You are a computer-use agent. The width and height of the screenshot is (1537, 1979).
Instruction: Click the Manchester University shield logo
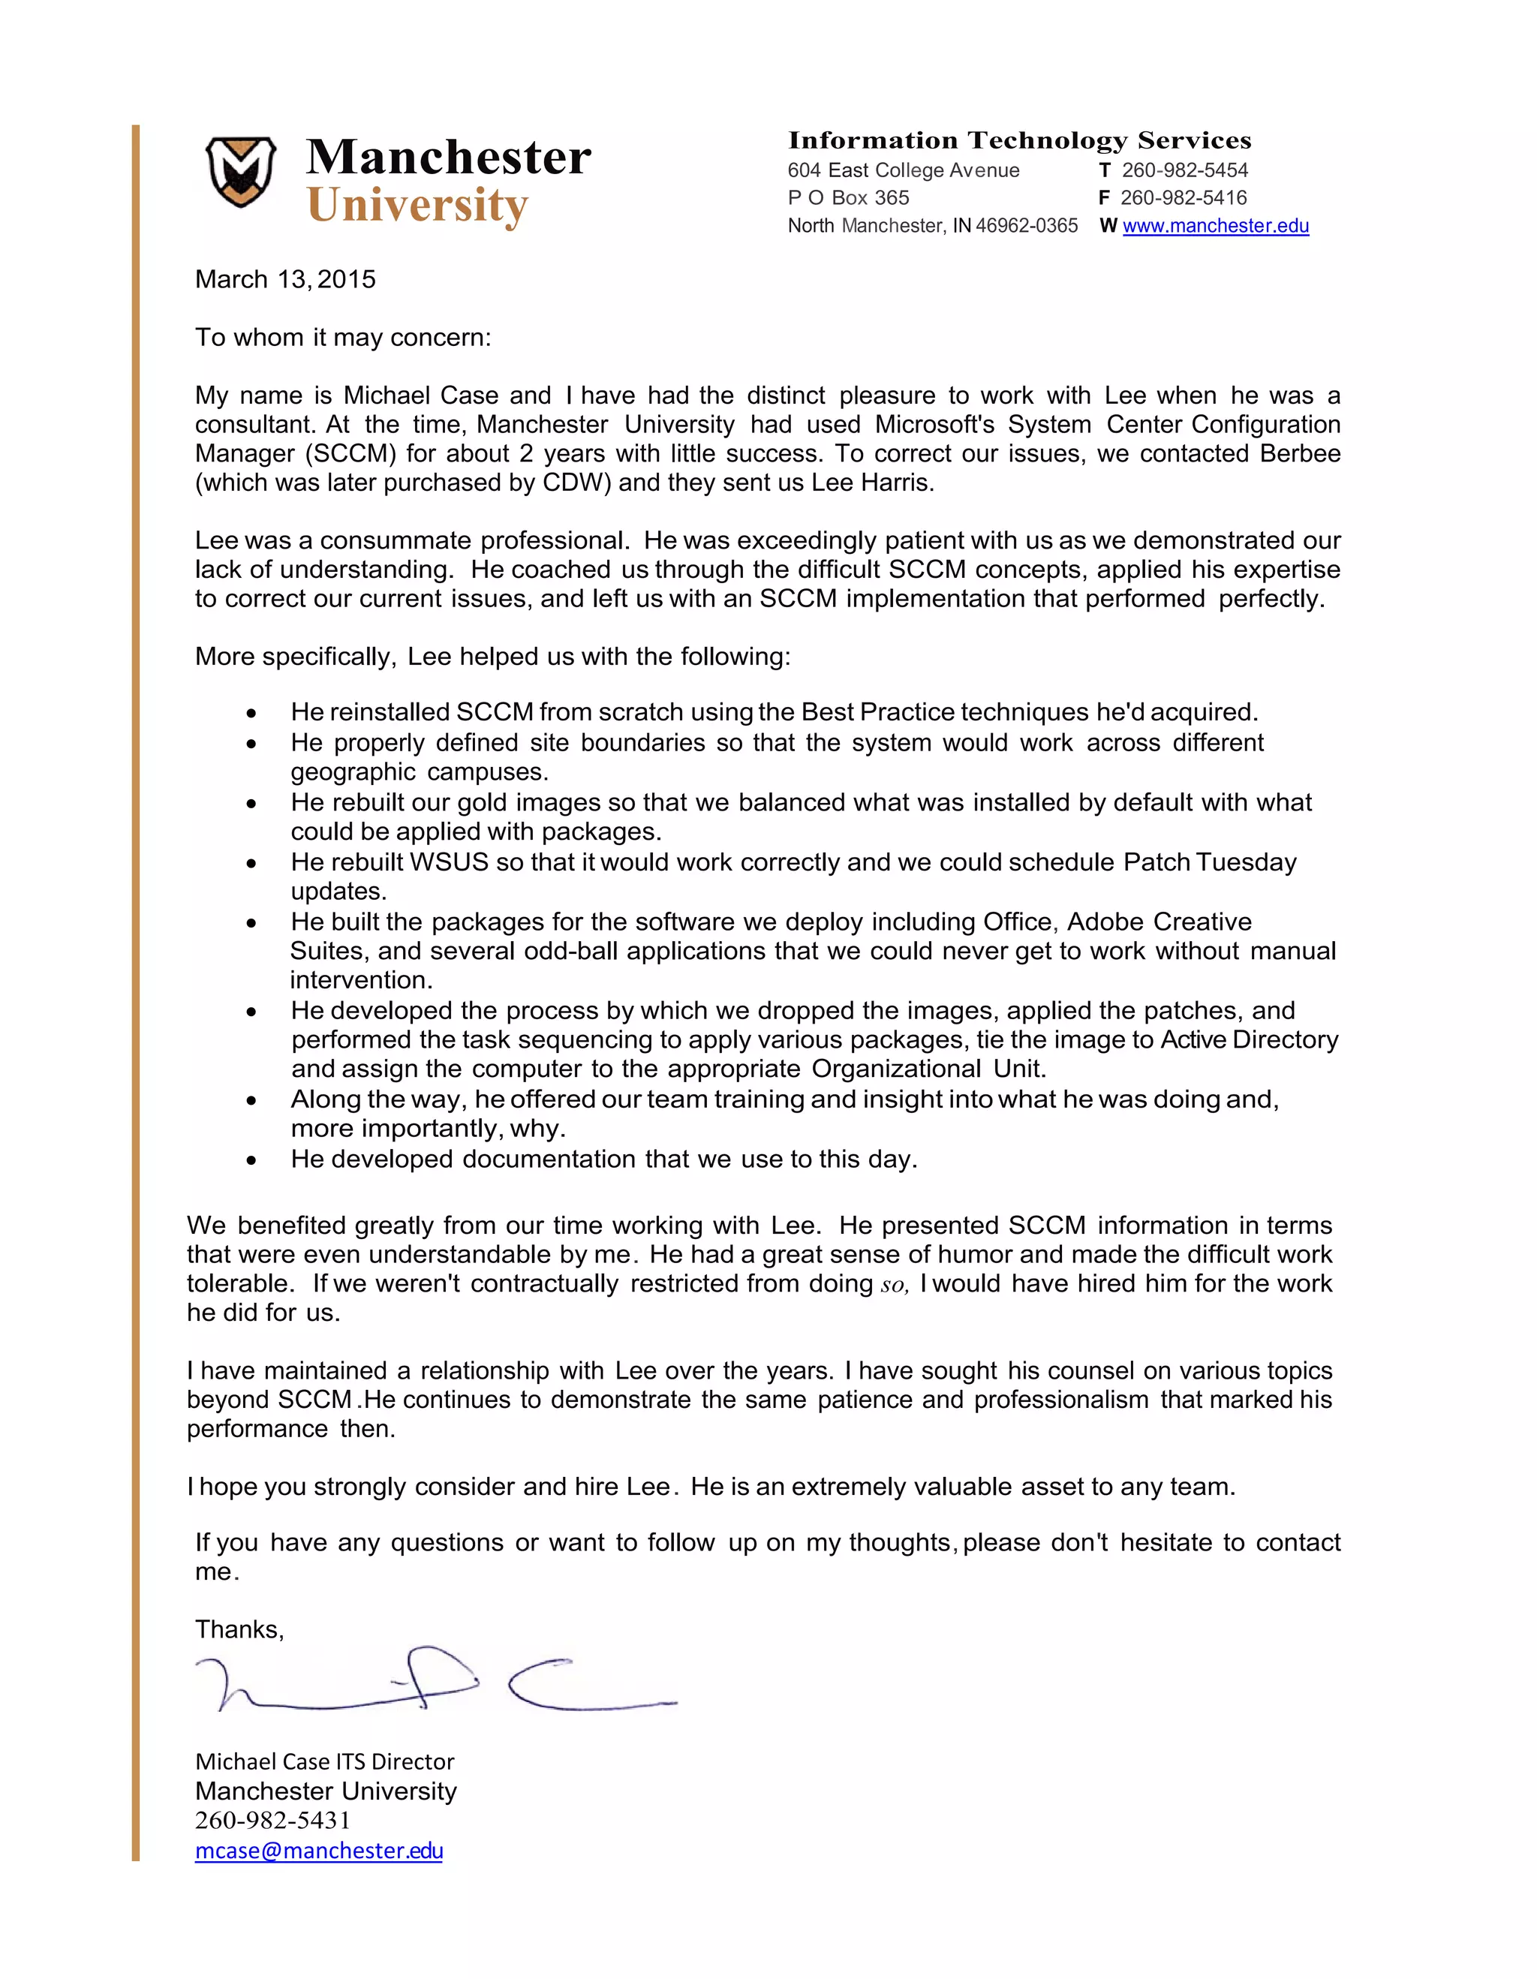[240, 171]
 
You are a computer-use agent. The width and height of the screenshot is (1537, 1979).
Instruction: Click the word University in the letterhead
[417, 206]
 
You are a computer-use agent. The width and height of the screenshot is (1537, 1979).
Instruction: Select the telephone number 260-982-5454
[1184, 170]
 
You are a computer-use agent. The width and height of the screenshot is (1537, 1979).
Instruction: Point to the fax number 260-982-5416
[1183, 197]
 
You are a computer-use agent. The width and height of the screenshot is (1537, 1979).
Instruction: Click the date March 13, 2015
[285, 279]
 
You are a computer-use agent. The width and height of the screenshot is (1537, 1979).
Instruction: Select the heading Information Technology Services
[1018, 140]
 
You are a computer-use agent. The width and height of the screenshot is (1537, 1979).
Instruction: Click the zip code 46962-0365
[1026, 226]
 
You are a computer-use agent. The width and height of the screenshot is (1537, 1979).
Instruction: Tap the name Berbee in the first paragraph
[1300, 453]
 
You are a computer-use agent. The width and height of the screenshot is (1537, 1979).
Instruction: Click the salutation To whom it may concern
[342, 337]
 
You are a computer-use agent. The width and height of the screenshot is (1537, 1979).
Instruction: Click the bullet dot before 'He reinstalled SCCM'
[251, 714]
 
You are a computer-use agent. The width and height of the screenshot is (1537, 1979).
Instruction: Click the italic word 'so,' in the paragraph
[894, 1285]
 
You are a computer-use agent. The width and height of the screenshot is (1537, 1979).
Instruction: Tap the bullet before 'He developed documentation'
[251, 1161]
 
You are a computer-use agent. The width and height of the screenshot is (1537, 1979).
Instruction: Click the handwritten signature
[435, 1683]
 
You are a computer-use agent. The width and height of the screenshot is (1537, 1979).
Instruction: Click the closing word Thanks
[239, 1629]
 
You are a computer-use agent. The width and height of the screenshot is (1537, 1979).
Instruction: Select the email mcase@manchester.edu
[319, 1851]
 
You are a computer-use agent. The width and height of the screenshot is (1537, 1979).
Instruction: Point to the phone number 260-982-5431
[272, 1821]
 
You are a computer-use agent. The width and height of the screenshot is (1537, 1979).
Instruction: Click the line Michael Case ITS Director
[324, 1761]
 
